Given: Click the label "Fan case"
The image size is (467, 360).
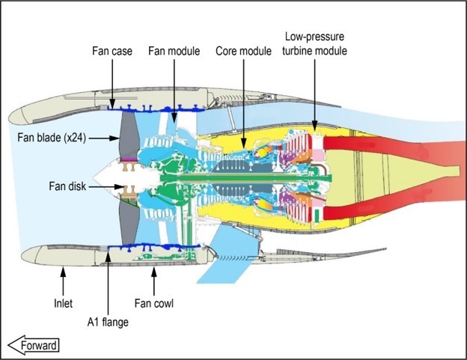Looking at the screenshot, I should point(112,52).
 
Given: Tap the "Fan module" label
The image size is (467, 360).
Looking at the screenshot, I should point(174,52).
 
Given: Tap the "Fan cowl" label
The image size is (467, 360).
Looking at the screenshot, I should point(154,304).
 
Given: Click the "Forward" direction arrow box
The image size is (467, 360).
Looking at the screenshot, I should point(33,344).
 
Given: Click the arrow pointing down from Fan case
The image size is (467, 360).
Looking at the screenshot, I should point(112,82).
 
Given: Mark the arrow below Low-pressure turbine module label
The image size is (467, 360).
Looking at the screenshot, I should point(314,90).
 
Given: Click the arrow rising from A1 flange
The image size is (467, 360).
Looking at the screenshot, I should point(109,284).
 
